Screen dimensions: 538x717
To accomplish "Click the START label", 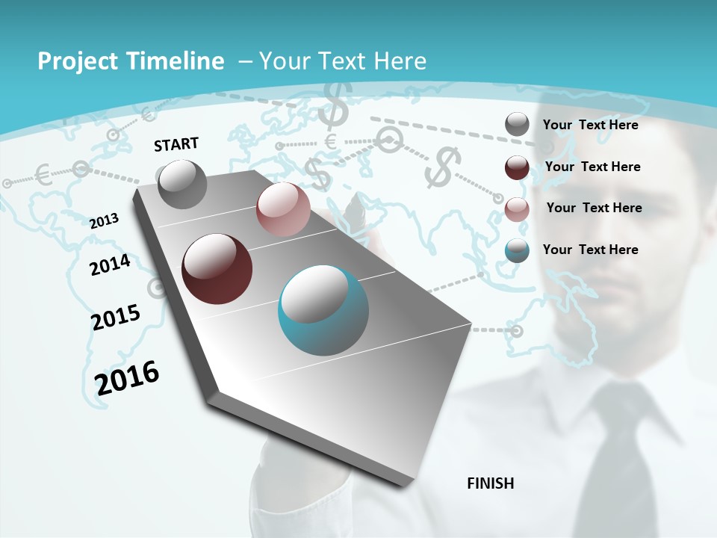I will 176,144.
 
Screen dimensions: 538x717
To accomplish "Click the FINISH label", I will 490,483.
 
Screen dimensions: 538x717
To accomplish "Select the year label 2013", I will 105,220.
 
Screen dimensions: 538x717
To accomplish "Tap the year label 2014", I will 110,265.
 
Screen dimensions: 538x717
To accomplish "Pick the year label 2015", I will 116,318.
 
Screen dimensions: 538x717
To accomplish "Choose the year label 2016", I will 127,377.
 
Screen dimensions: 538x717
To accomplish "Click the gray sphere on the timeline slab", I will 182,184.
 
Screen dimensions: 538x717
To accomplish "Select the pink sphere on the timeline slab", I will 283,209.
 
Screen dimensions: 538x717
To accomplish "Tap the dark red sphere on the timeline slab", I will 217,269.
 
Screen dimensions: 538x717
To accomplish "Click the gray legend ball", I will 517,125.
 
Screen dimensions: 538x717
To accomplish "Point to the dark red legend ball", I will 517,167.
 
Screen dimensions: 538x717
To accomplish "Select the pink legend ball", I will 517,208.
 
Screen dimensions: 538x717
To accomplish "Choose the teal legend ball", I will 517,250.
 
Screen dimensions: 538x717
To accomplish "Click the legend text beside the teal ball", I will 591,250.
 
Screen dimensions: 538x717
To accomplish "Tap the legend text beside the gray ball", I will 591,125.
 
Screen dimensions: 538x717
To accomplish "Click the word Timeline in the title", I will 176,61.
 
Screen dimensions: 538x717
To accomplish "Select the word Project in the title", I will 75,61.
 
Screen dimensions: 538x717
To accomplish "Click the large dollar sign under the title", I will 333,105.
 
